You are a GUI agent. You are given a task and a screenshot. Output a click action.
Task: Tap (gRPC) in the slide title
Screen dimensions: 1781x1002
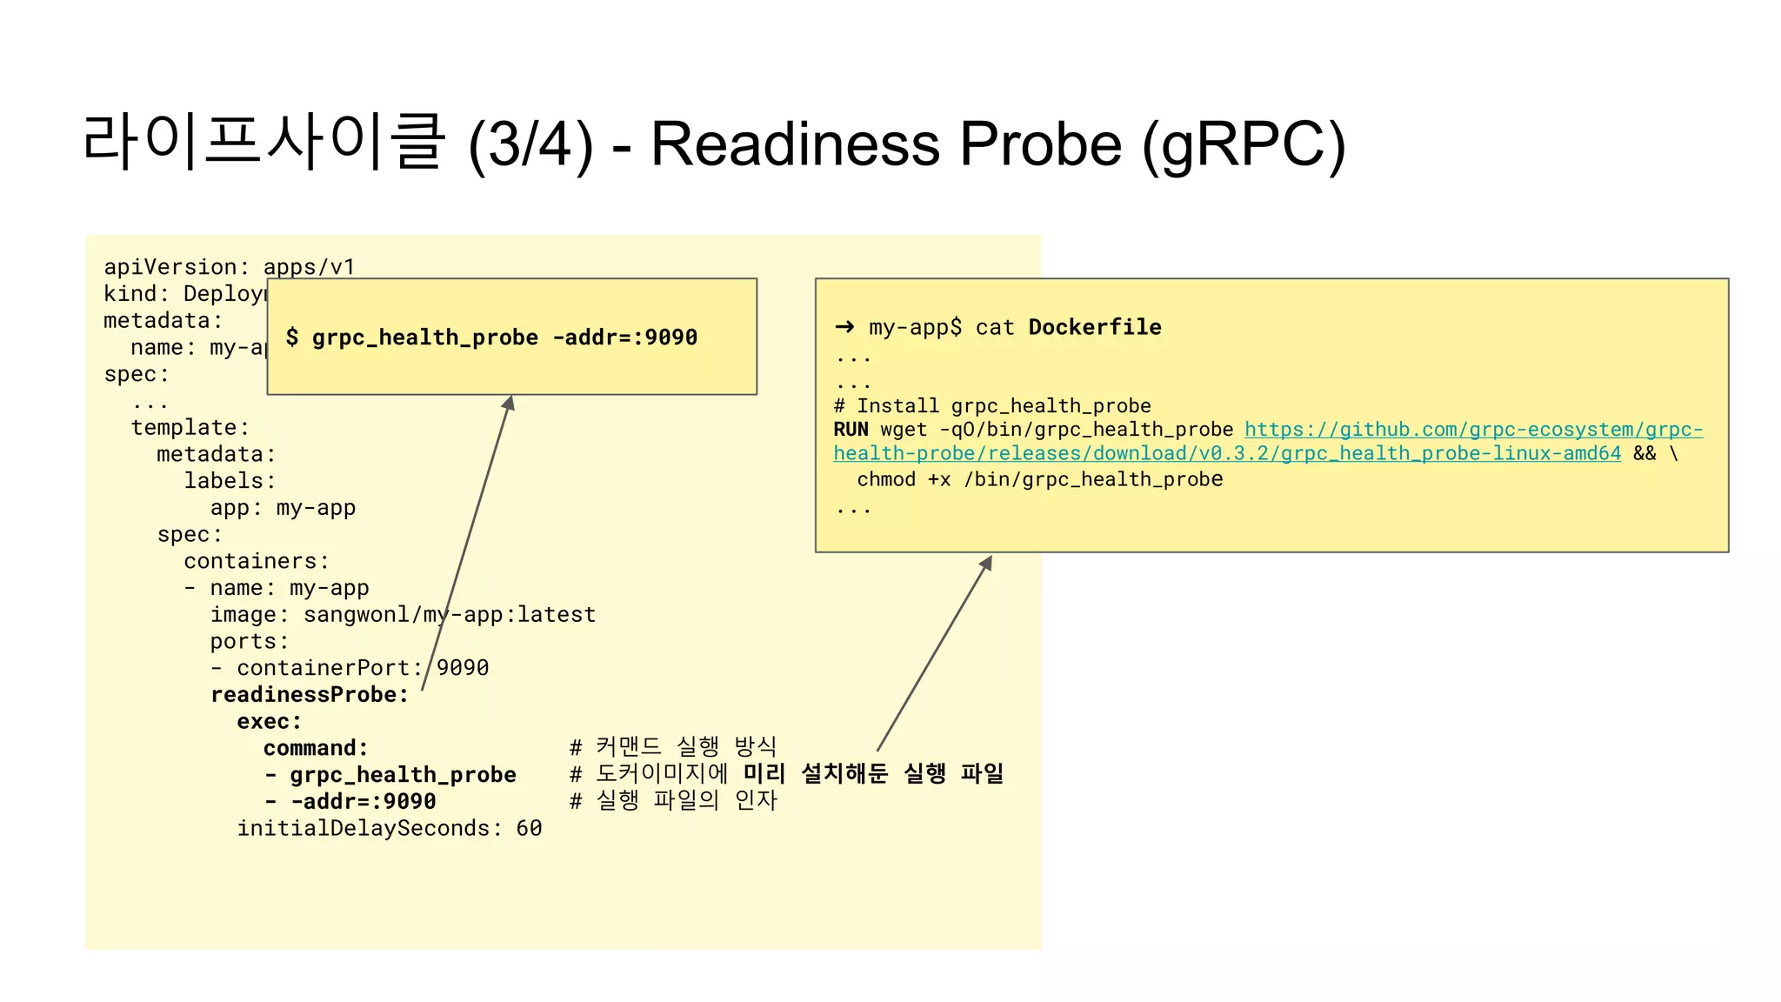point(1244,144)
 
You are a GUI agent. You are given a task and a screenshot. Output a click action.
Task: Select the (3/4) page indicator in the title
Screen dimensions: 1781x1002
point(530,145)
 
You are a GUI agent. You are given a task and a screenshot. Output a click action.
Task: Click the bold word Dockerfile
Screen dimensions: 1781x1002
point(1094,327)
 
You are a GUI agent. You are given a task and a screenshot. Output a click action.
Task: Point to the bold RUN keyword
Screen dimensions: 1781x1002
point(850,430)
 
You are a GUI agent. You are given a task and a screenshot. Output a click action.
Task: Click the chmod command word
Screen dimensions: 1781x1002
point(886,479)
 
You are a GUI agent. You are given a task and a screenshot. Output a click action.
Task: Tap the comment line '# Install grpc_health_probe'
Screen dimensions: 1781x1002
point(991,406)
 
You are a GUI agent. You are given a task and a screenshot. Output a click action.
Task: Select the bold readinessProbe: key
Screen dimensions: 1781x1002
point(309,695)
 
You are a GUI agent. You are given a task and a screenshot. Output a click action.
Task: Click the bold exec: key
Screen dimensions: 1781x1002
point(269,722)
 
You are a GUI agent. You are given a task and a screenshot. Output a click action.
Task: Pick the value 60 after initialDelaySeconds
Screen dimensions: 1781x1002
point(529,829)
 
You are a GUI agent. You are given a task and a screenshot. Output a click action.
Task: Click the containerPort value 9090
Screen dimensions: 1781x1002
point(463,668)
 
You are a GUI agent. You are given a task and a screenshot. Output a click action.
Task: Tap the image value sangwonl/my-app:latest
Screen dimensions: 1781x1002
point(449,615)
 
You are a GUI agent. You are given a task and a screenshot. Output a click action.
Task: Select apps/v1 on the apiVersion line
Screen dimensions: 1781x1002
point(309,267)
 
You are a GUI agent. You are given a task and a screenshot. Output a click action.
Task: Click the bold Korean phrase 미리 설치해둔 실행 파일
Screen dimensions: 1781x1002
point(873,773)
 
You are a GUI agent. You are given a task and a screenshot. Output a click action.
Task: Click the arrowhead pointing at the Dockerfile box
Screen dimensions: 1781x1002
point(986,564)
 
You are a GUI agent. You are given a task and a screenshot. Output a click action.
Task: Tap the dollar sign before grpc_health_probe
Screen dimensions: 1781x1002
point(292,337)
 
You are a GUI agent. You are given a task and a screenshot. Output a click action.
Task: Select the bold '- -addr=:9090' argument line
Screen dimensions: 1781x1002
point(350,802)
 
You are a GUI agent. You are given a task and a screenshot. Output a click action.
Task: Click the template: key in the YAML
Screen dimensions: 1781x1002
point(190,428)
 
